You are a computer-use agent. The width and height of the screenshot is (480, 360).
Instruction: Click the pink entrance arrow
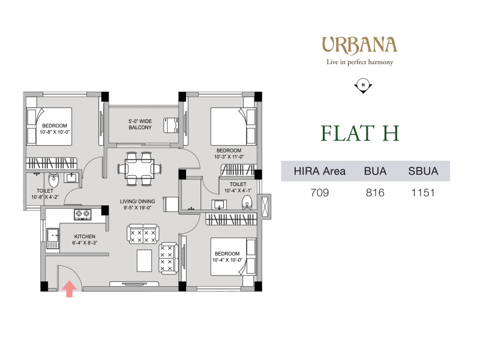70,289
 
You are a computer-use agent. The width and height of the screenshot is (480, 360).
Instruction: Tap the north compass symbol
363,86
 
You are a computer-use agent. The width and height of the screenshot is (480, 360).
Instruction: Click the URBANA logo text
359,46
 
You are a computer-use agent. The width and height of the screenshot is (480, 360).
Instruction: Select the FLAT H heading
359,133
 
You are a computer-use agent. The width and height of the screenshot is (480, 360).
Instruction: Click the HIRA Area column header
320,171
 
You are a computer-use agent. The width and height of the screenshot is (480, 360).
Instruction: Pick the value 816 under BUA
375,193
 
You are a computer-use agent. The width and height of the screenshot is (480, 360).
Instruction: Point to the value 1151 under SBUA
423,193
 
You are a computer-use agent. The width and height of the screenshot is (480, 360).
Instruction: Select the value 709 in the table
320,193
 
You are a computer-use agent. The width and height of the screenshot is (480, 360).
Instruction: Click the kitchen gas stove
83,214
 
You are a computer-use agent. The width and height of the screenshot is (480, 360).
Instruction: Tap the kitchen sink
53,238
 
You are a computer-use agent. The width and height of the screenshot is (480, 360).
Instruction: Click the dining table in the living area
140,169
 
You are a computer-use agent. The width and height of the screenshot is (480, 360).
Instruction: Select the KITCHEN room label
85,236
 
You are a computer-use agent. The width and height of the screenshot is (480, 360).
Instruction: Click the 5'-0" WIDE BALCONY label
140,124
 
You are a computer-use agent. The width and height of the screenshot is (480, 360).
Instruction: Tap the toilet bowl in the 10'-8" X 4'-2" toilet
53,181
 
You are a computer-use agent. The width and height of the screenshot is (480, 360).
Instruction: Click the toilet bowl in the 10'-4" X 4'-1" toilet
247,202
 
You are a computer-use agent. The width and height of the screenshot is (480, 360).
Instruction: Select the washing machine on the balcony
171,125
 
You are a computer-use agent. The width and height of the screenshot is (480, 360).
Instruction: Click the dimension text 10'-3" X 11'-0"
229,157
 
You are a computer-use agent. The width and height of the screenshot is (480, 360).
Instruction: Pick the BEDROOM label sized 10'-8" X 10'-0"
55,126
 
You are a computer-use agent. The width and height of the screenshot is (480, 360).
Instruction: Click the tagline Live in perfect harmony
359,62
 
